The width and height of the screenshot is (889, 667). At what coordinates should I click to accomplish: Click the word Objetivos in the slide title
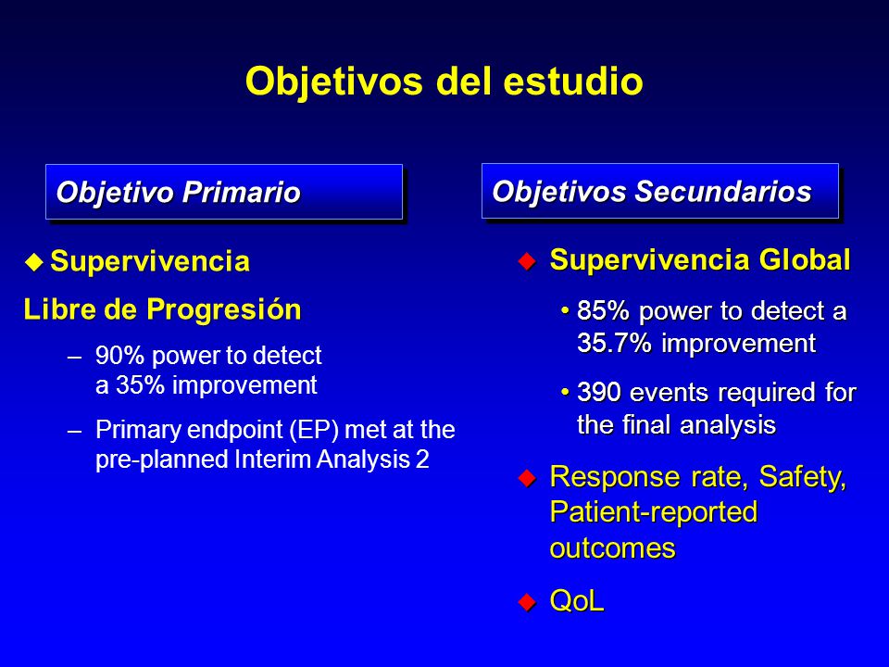(x=334, y=82)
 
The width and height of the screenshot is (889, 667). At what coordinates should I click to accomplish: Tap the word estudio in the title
(x=572, y=81)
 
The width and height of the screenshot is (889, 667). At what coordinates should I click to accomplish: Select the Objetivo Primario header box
(x=224, y=192)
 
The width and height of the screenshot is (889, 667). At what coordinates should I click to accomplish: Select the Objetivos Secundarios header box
(x=660, y=191)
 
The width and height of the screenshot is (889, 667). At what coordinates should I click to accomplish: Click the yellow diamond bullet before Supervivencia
(x=34, y=262)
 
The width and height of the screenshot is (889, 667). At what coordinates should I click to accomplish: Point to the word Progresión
(x=224, y=310)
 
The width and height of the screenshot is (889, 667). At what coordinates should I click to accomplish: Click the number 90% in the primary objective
(x=120, y=356)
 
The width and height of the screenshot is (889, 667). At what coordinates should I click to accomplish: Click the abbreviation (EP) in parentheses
(x=314, y=430)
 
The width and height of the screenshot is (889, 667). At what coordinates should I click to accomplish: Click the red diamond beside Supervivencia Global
(x=527, y=261)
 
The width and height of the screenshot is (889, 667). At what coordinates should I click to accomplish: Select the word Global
(x=805, y=259)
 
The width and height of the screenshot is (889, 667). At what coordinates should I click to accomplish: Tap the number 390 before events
(x=599, y=393)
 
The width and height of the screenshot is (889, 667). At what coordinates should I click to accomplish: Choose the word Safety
(x=802, y=478)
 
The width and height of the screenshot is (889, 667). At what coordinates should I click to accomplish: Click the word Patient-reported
(x=654, y=512)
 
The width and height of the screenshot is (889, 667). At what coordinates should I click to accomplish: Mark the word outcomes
(x=613, y=547)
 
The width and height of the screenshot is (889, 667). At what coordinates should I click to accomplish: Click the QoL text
(x=577, y=600)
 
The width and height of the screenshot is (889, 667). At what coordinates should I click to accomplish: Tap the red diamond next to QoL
(x=527, y=602)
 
